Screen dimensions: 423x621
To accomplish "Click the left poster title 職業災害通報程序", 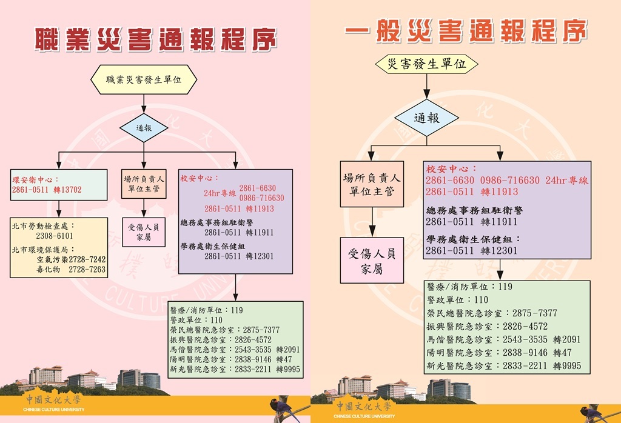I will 155,39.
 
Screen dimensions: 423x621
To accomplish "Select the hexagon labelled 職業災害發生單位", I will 143,79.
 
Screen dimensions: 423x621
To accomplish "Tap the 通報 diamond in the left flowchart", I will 143,128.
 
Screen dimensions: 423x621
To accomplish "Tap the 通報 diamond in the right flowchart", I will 427,118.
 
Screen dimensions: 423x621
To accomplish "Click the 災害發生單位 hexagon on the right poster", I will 427,64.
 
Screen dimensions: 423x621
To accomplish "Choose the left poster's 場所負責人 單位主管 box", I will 143,184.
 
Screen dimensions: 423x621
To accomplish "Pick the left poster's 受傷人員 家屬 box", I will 143,231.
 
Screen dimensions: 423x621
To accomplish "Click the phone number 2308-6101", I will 54,236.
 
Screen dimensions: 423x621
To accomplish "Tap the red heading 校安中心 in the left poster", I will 200,178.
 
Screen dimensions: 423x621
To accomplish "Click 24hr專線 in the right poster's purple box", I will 567,181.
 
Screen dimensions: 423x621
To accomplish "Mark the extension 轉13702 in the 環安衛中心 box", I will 67,190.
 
